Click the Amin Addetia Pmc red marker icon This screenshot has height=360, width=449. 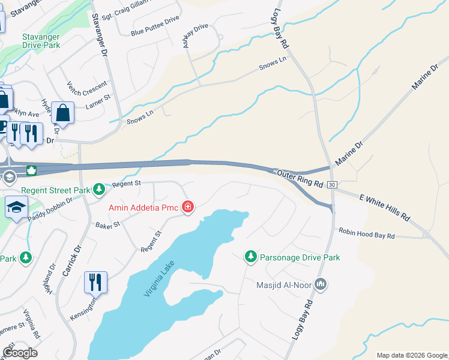click(188, 208)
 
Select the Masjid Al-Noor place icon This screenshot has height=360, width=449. click(321, 283)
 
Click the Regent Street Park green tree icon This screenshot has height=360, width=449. click(100, 190)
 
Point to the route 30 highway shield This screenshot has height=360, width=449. click(332, 185)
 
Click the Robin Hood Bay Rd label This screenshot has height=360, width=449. click(366, 233)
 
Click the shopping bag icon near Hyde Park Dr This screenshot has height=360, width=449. click(62, 112)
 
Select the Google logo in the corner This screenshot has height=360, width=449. click(19, 353)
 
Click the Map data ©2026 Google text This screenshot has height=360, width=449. click(411, 355)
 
